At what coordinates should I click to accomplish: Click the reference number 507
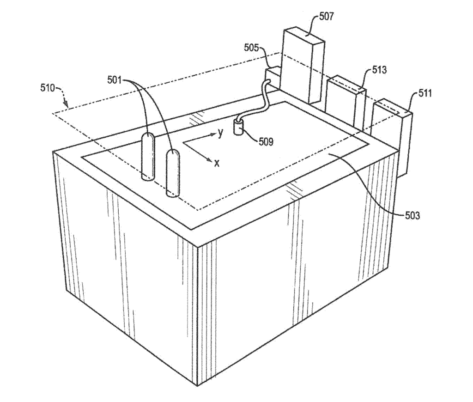point(326,16)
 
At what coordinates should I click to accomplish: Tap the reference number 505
point(252,48)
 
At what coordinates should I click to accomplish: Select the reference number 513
point(379,70)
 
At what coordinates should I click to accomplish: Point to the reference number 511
point(425,93)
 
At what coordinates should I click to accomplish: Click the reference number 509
point(266,141)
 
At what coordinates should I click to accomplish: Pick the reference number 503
point(412,215)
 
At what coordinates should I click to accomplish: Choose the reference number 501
point(115,80)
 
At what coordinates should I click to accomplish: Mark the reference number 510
point(48,88)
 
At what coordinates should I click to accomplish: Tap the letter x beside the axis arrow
point(217,163)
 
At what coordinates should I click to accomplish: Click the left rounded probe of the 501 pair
point(148,157)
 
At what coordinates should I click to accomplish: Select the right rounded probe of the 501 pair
point(173,174)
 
